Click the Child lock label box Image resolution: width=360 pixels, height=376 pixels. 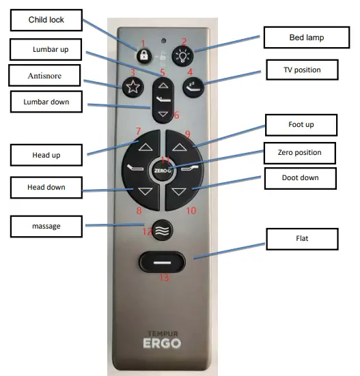[46, 20]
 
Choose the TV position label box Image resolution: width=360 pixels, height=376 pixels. [303, 70]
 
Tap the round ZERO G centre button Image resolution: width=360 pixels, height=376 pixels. [163, 168]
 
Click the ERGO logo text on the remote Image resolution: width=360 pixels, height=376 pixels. [163, 343]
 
